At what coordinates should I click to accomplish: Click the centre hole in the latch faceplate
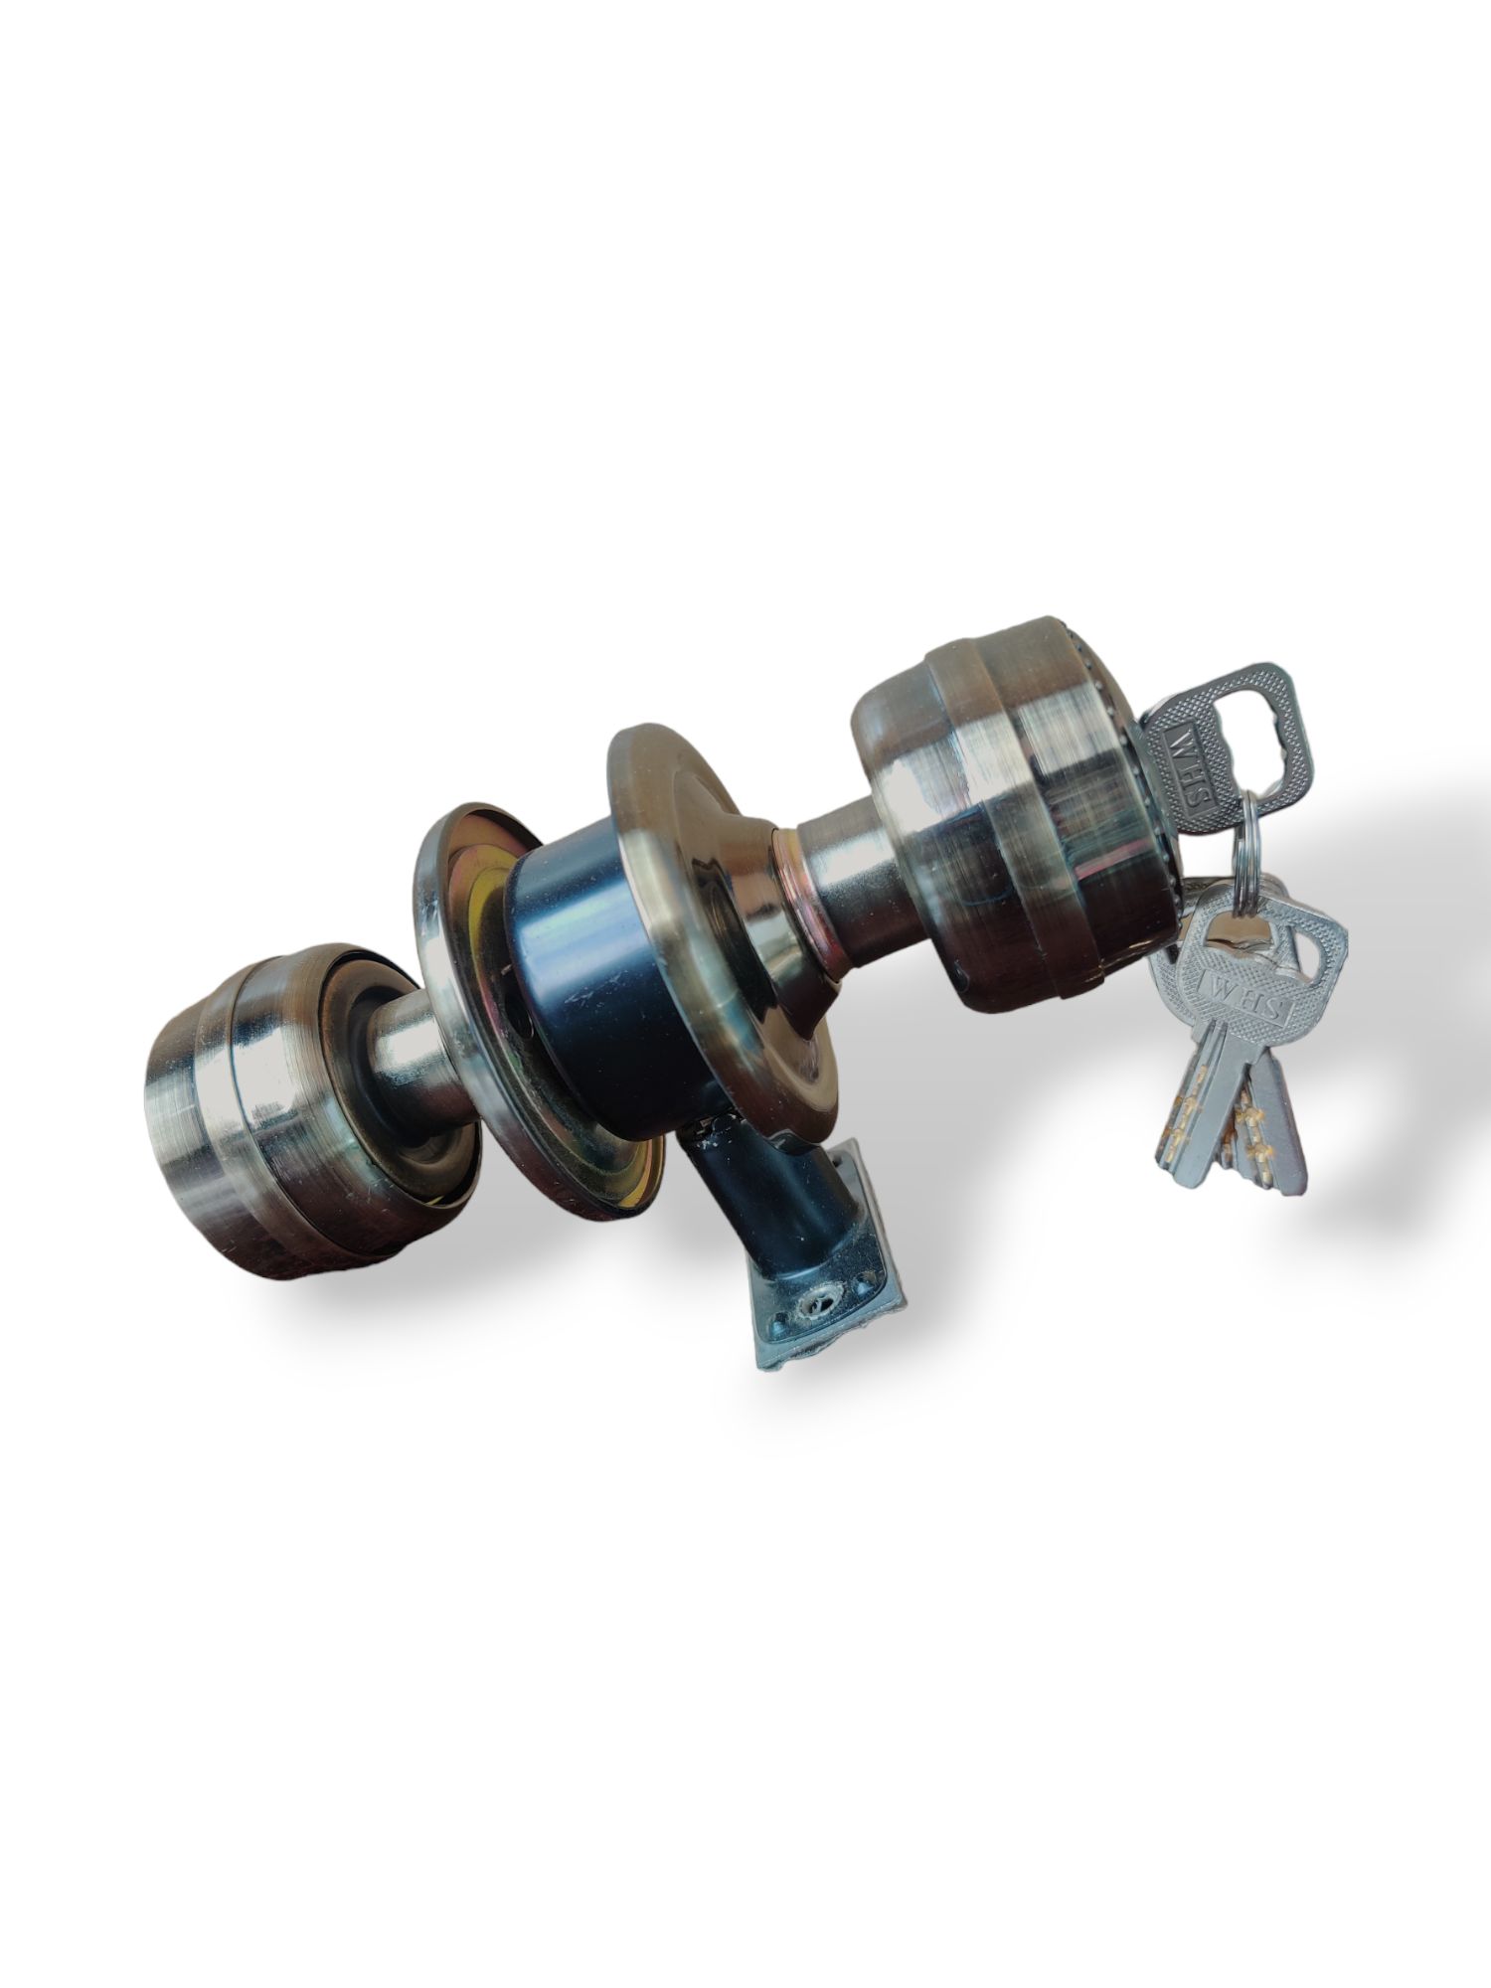click(821, 1294)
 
